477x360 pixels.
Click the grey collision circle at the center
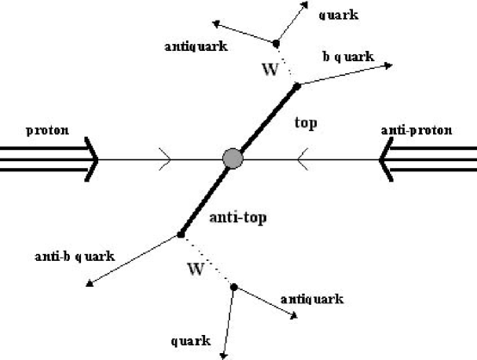pyautogui.click(x=232, y=158)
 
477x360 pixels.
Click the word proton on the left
pyautogui.click(x=46, y=134)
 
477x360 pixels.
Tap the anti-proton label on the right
pyautogui.click(x=423, y=133)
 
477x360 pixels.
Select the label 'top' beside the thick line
pyautogui.click(x=306, y=124)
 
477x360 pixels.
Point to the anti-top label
pyautogui.click(x=238, y=219)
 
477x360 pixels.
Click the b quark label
pyautogui.click(x=348, y=57)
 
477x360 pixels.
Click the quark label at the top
pyautogui.click(x=338, y=14)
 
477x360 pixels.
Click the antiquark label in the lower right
pyautogui.click(x=312, y=299)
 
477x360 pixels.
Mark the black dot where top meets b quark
pyautogui.click(x=297, y=85)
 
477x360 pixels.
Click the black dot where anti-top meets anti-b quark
pyautogui.click(x=181, y=234)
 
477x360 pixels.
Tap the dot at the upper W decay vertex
pyautogui.click(x=276, y=42)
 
